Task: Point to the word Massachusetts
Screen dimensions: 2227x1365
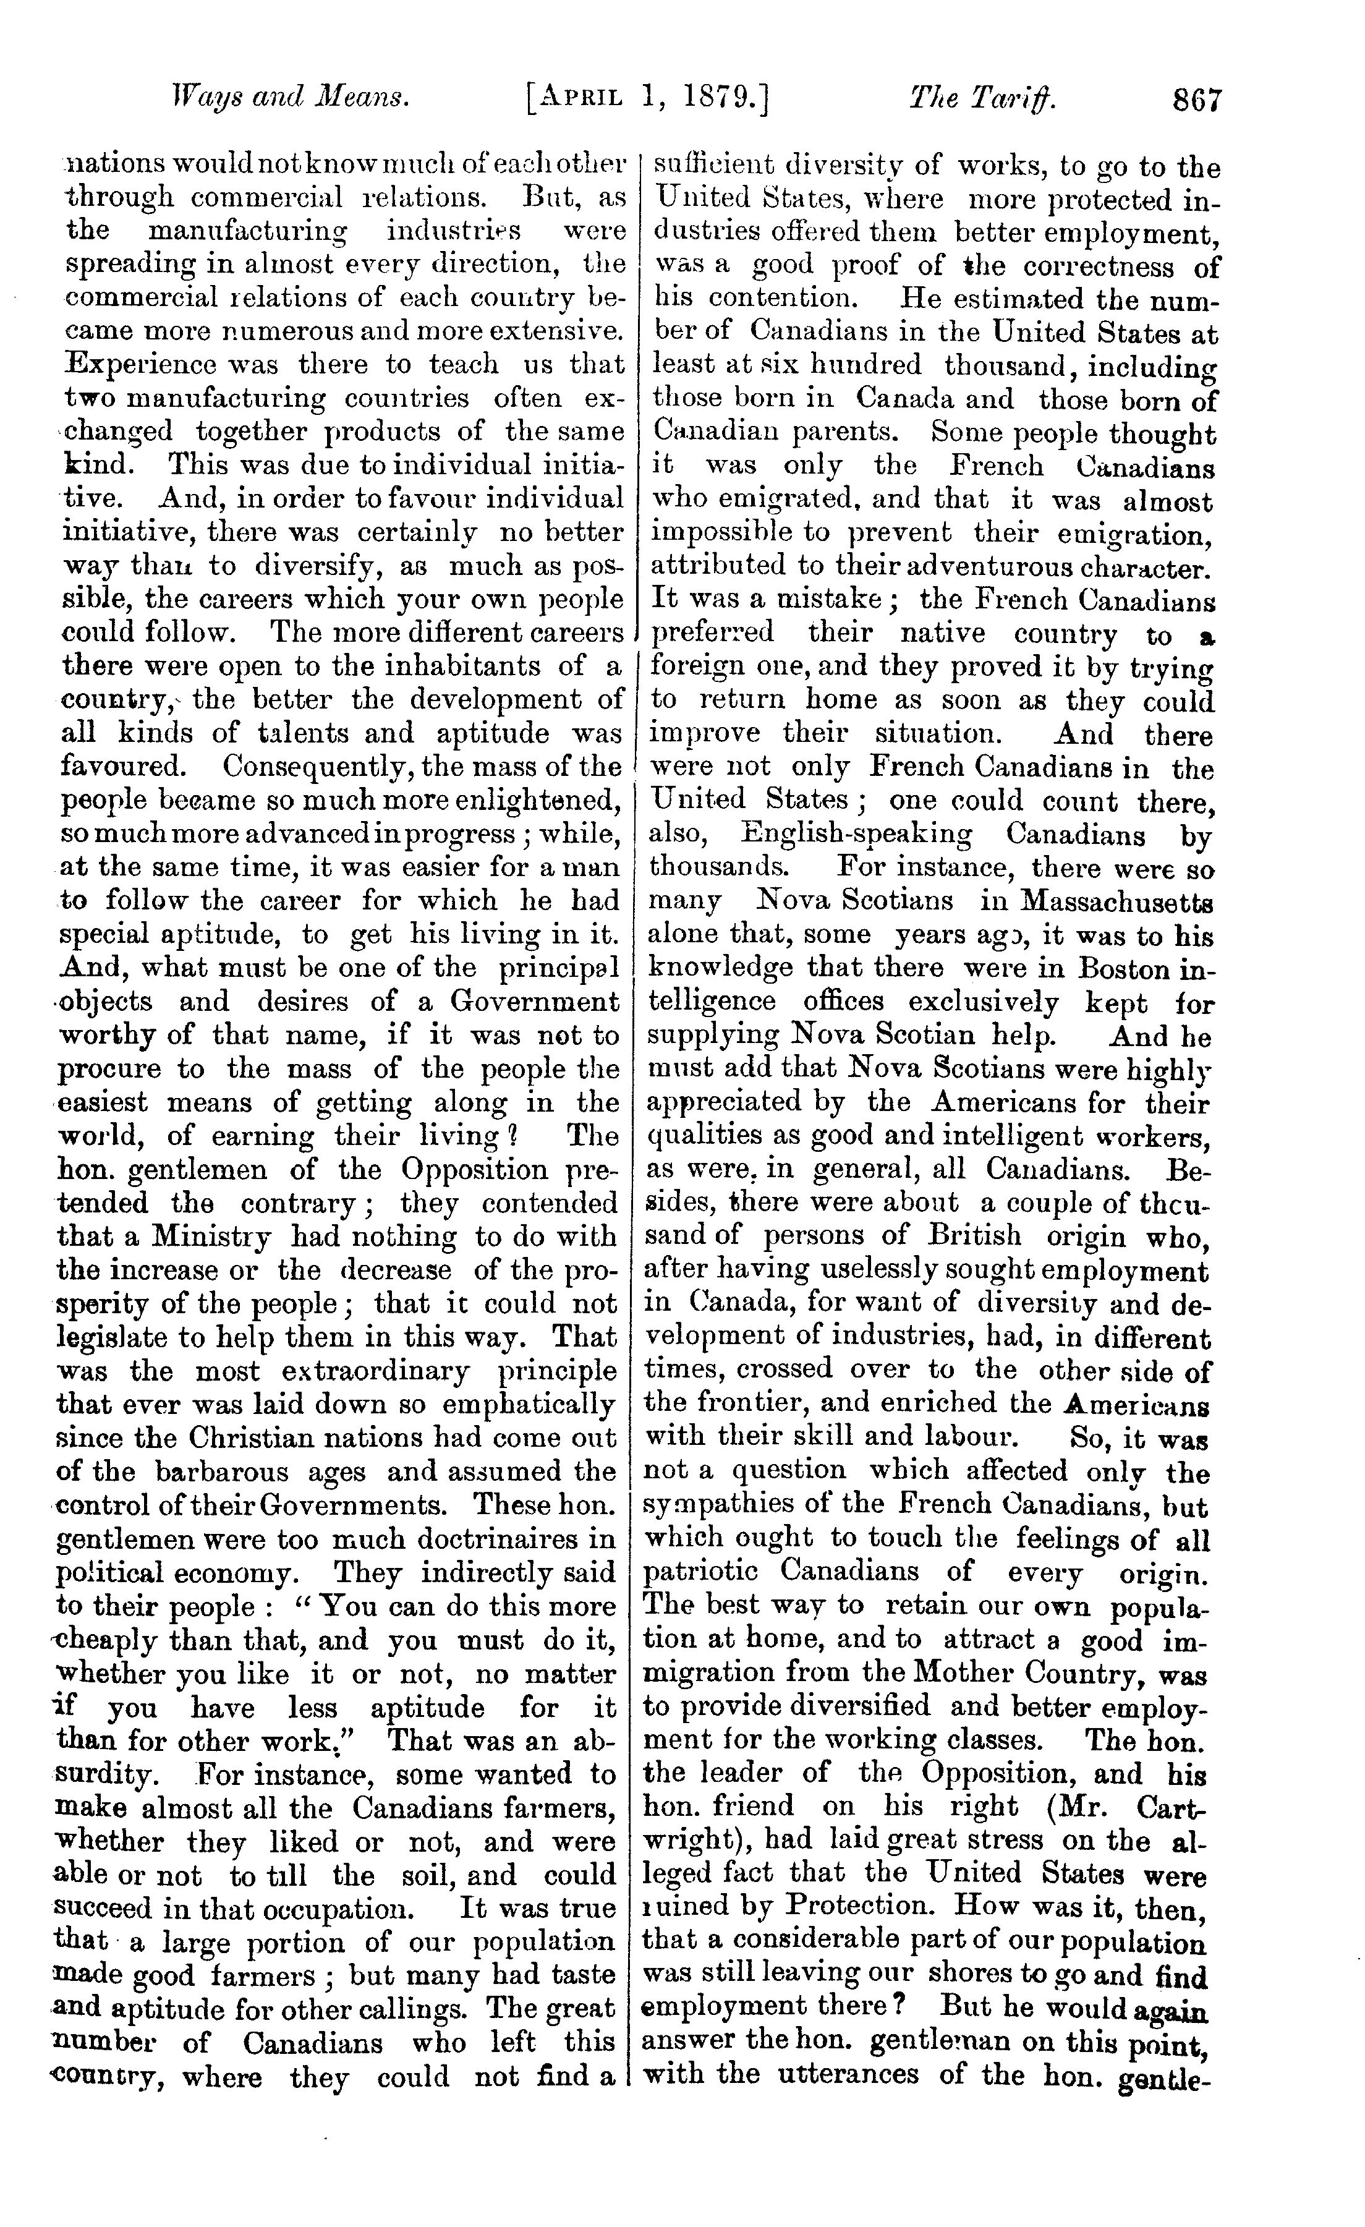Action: (x=1116, y=902)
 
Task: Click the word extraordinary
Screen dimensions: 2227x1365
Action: (x=374, y=1370)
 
